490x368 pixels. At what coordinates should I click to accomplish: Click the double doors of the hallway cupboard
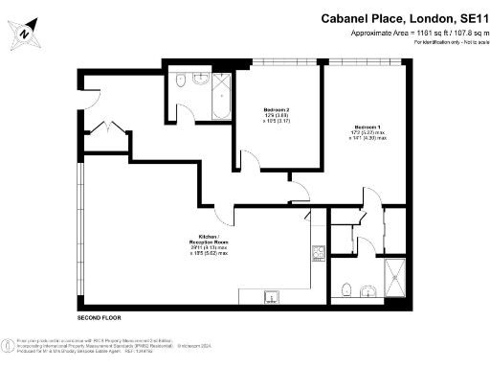coord(110,129)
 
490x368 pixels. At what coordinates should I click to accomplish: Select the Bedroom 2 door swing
coord(246,162)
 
